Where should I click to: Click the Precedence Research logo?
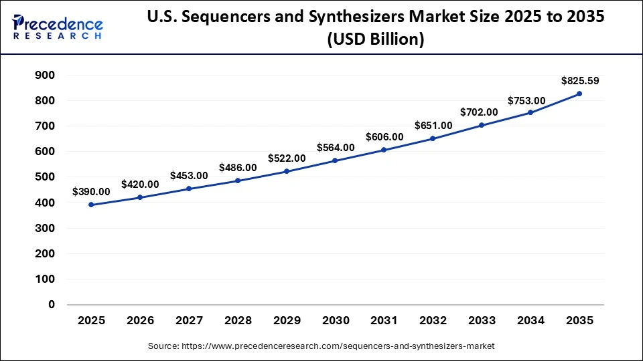[58, 26]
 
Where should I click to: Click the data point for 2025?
[91, 205]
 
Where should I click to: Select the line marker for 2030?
[335, 160]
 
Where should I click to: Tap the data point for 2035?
[579, 94]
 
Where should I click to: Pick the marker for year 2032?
[433, 138]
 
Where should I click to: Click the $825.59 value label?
[580, 81]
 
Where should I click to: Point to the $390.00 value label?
[91, 191]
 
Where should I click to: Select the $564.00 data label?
[335, 147]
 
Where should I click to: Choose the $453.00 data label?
[189, 175]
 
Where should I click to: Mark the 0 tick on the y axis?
[50, 304]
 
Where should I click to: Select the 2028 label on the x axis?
[238, 321]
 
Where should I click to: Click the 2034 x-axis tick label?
[530, 321]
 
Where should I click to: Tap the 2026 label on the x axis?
[140, 321]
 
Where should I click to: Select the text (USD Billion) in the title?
[375, 40]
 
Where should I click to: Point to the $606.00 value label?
[384, 136]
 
